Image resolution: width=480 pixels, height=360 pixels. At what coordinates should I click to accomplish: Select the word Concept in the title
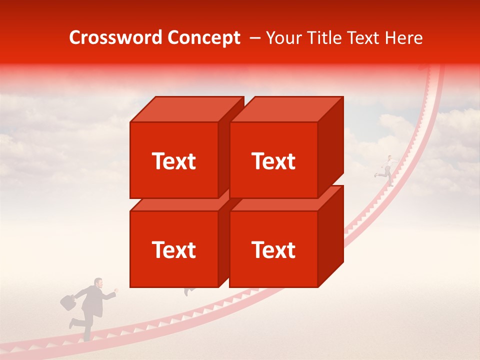pos(204,38)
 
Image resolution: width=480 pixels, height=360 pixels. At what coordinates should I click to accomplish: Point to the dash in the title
pos(254,38)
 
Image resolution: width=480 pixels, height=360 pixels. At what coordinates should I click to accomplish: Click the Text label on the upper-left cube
pos(173,161)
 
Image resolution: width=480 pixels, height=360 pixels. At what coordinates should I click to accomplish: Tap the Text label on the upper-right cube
pos(273,161)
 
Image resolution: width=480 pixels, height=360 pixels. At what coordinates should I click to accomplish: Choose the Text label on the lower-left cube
pos(173,249)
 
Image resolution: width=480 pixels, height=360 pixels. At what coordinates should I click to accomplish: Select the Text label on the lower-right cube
pos(273,249)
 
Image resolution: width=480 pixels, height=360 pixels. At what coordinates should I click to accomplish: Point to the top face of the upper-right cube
pos(285,109)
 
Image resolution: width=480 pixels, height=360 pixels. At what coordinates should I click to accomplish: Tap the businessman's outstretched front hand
pos(116,289)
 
